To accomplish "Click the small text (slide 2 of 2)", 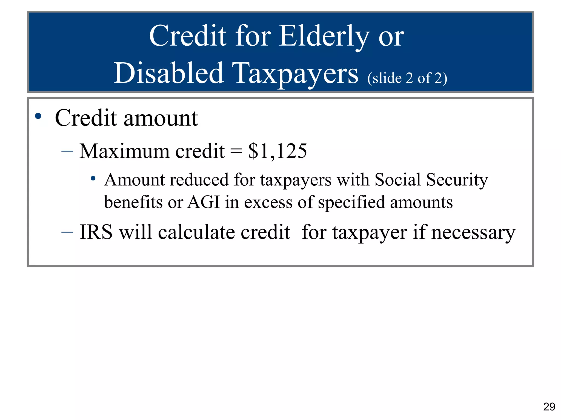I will [x=407, y=78].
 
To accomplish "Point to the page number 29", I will [x=549, y=407].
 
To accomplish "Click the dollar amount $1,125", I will [x=277, y=151].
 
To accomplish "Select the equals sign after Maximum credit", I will [x=236, y=151].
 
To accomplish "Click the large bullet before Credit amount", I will [x=38, y=116].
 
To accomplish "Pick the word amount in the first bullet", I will [x=161, y=118].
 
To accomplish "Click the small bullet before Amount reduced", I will [x=93, y=179].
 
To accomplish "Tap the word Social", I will [x=397, y=180].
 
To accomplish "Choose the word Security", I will [x=457, y=180].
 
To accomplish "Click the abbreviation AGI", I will [x=204, y=202].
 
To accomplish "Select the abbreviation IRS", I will [x=96, y=232].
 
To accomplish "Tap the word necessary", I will [x=473, y=232].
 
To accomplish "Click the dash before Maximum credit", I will [x=67, y=151].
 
